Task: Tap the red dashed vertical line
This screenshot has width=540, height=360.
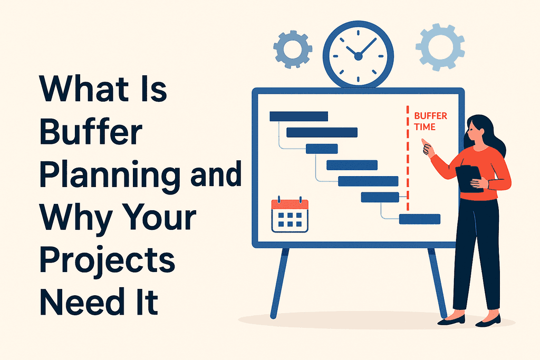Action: click(x=408, y=158)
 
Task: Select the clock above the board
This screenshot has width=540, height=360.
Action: click(x=359, y=53)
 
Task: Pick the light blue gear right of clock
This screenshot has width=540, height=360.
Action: click(x=440, y=47)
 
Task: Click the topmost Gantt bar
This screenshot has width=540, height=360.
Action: click(x=298, y=116)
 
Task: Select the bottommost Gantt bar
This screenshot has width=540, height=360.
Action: click(x=420, y=219)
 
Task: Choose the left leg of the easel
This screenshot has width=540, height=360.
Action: click(x=279, y=282)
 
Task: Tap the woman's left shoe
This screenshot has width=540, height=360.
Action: click(x=452, y=319)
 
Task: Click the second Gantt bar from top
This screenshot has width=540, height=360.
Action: click(x=322, y=132)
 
